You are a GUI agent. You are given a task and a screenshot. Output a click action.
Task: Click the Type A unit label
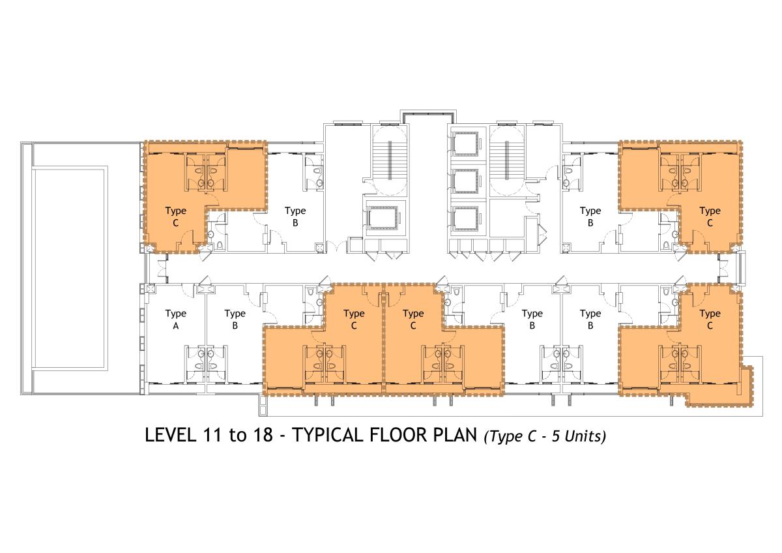(x=175, y=320)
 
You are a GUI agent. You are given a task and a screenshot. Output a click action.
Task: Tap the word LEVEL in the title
(x=170, y=435)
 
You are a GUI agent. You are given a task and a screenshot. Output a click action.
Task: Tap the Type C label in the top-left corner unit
(x=175, y=217)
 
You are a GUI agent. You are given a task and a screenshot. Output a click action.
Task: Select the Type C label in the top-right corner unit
(x=710, y=217)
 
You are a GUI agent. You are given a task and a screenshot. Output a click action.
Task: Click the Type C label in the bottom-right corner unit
(x=710, y=320)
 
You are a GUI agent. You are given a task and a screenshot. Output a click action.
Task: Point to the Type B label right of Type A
(x=235, y=320)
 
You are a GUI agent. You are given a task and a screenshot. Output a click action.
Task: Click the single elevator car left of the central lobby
(x=383, y=218)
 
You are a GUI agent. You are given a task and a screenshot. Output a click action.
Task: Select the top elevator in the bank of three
(x=466, y=143)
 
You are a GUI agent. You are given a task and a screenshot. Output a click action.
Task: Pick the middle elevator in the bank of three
(x=466, y=181)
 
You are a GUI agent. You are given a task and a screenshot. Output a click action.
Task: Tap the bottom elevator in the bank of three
(x=466, y=218)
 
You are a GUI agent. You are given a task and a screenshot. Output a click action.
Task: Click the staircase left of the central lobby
(x=390, y=159)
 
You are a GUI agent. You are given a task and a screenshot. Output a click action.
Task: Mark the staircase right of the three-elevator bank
(x=506, y=159)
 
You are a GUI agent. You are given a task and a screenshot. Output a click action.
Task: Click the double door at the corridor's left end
(x=162, y=269)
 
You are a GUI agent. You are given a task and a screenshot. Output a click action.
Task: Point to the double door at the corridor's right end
(x=722, y=269)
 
